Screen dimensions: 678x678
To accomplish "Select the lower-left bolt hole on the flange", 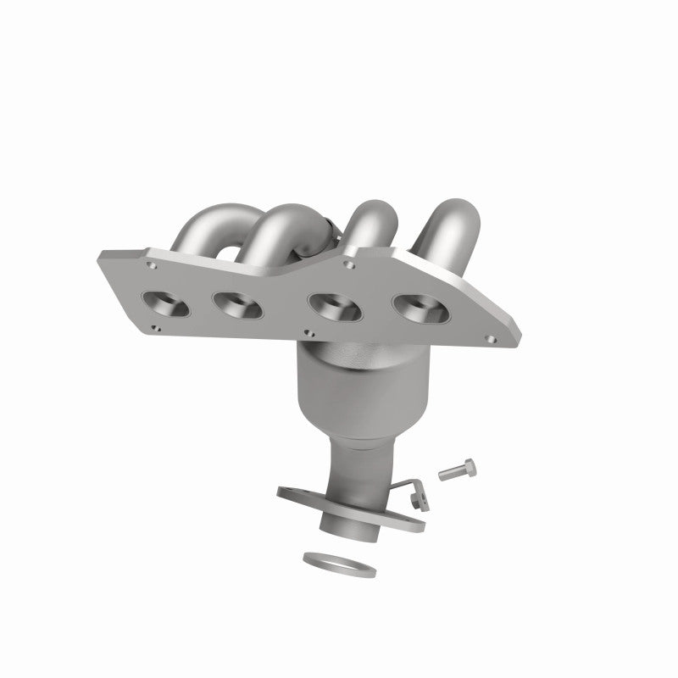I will click(x=155, y=326).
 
